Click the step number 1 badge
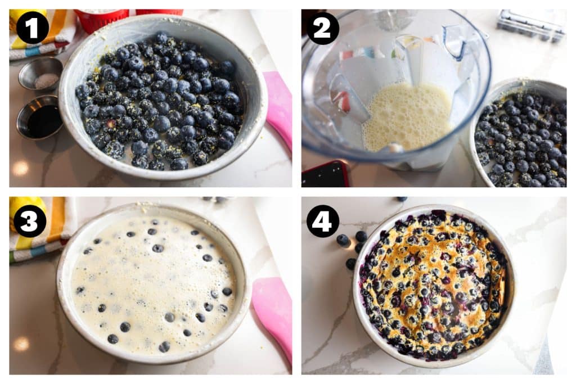coord(32,28)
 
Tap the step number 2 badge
coord(323,28)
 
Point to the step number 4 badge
coord(323,221)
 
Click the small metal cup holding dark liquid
coord(40,118)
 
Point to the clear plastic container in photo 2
coord(531,25)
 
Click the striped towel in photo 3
coord(48,231)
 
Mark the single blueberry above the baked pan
coord(400,199)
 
